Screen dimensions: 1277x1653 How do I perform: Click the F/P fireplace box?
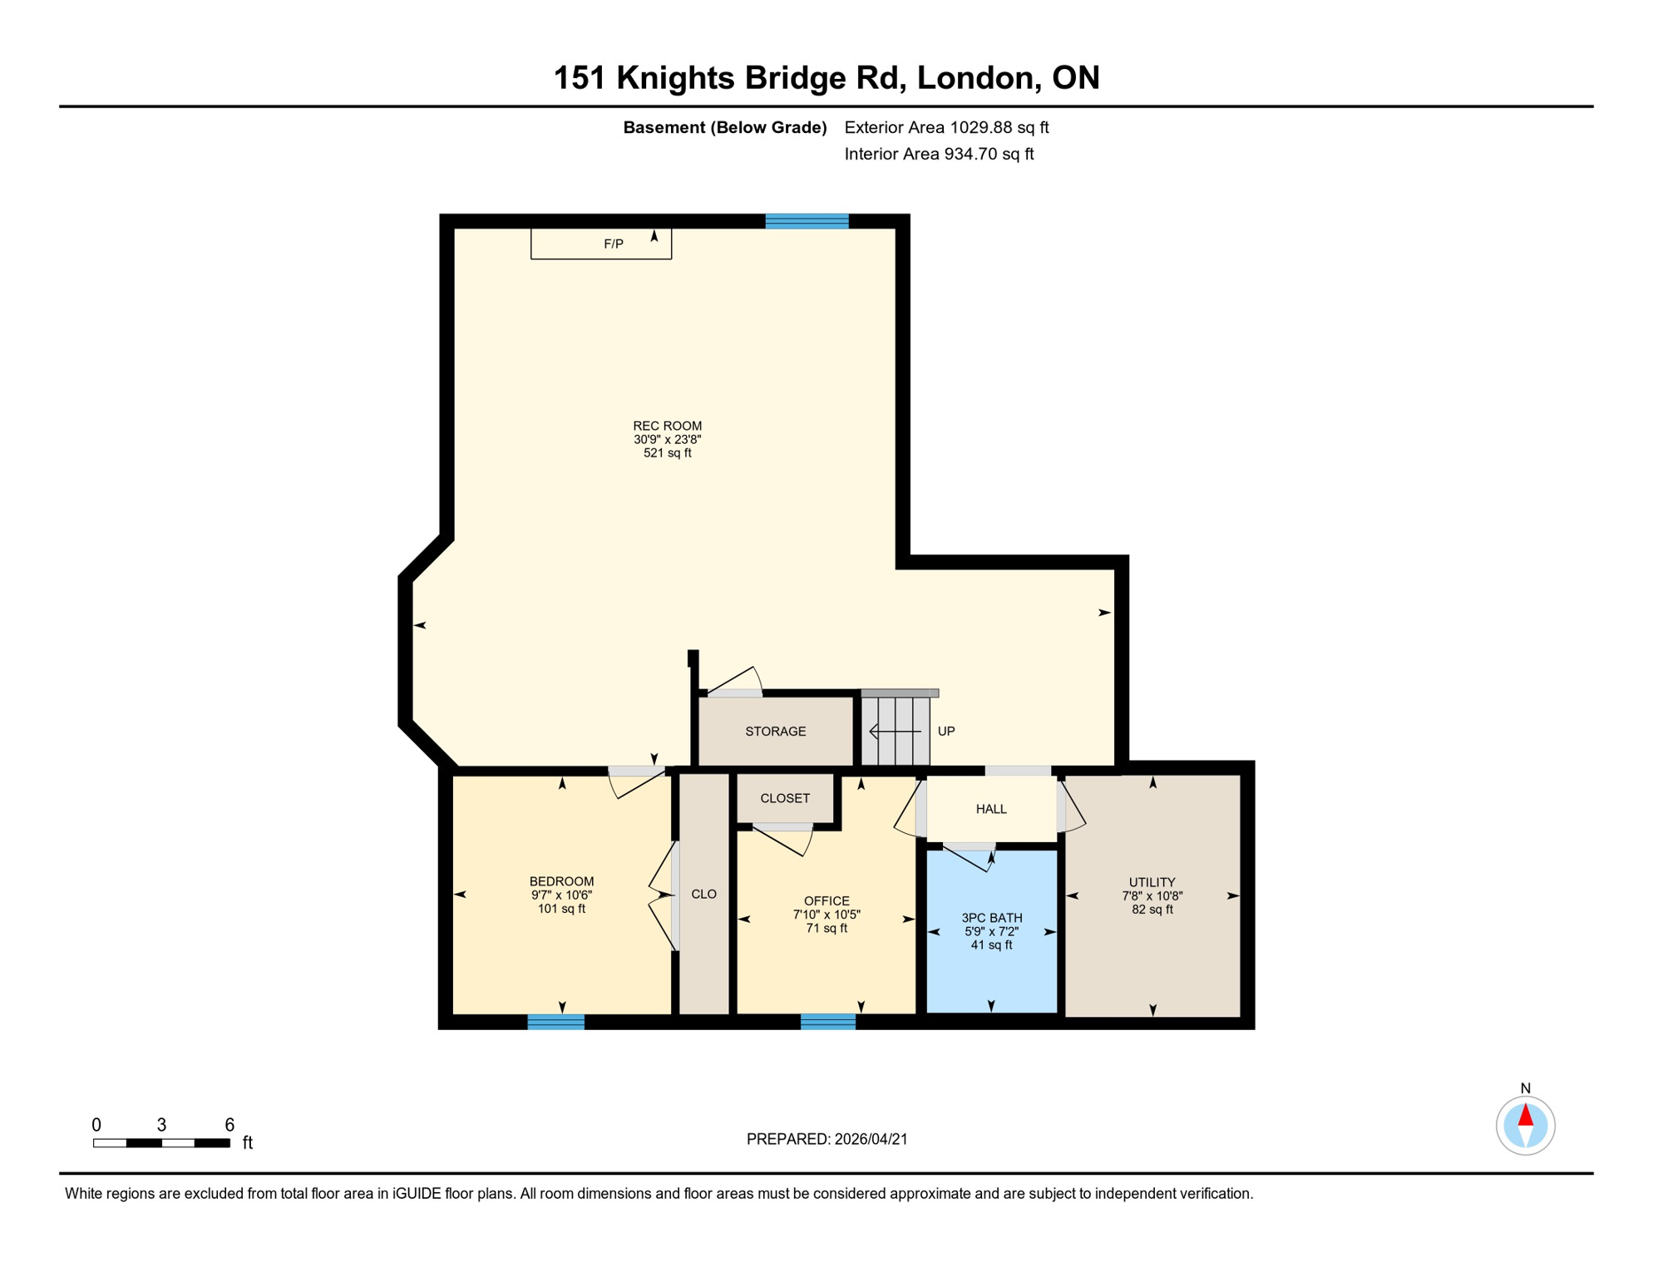coord(600,244)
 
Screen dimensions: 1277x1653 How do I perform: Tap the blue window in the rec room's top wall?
coord(807,221)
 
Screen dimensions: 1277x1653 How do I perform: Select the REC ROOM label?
coord(667,426)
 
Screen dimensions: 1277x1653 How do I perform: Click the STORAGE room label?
coord(775,732)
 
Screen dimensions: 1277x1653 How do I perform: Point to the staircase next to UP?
coord(895,731)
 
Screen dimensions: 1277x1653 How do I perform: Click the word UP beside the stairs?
coord(946,732)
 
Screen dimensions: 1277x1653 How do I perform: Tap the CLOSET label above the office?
coord(785,798)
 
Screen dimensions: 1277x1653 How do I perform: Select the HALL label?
coord(991,809)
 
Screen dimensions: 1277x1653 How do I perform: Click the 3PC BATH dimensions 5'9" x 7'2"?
coord(991,932)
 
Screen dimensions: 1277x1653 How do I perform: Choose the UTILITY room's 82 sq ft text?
coord(1152,910)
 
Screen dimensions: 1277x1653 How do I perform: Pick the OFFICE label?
coord(826,901)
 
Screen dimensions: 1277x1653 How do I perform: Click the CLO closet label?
coord(703,895)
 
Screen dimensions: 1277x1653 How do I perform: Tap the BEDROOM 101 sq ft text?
coord(561,909)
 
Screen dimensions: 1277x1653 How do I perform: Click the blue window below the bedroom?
coord(555,1022)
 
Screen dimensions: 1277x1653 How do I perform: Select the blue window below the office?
coord(827,1022)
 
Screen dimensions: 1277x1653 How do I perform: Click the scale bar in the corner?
coord(161,1143)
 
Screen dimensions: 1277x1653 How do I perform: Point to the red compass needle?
coord(1526,1115)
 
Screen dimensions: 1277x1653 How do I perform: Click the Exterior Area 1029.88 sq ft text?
coord(946,127)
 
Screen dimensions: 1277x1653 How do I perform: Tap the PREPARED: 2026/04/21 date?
coord(826,1139)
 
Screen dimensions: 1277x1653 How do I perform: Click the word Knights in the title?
coord(675,78)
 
